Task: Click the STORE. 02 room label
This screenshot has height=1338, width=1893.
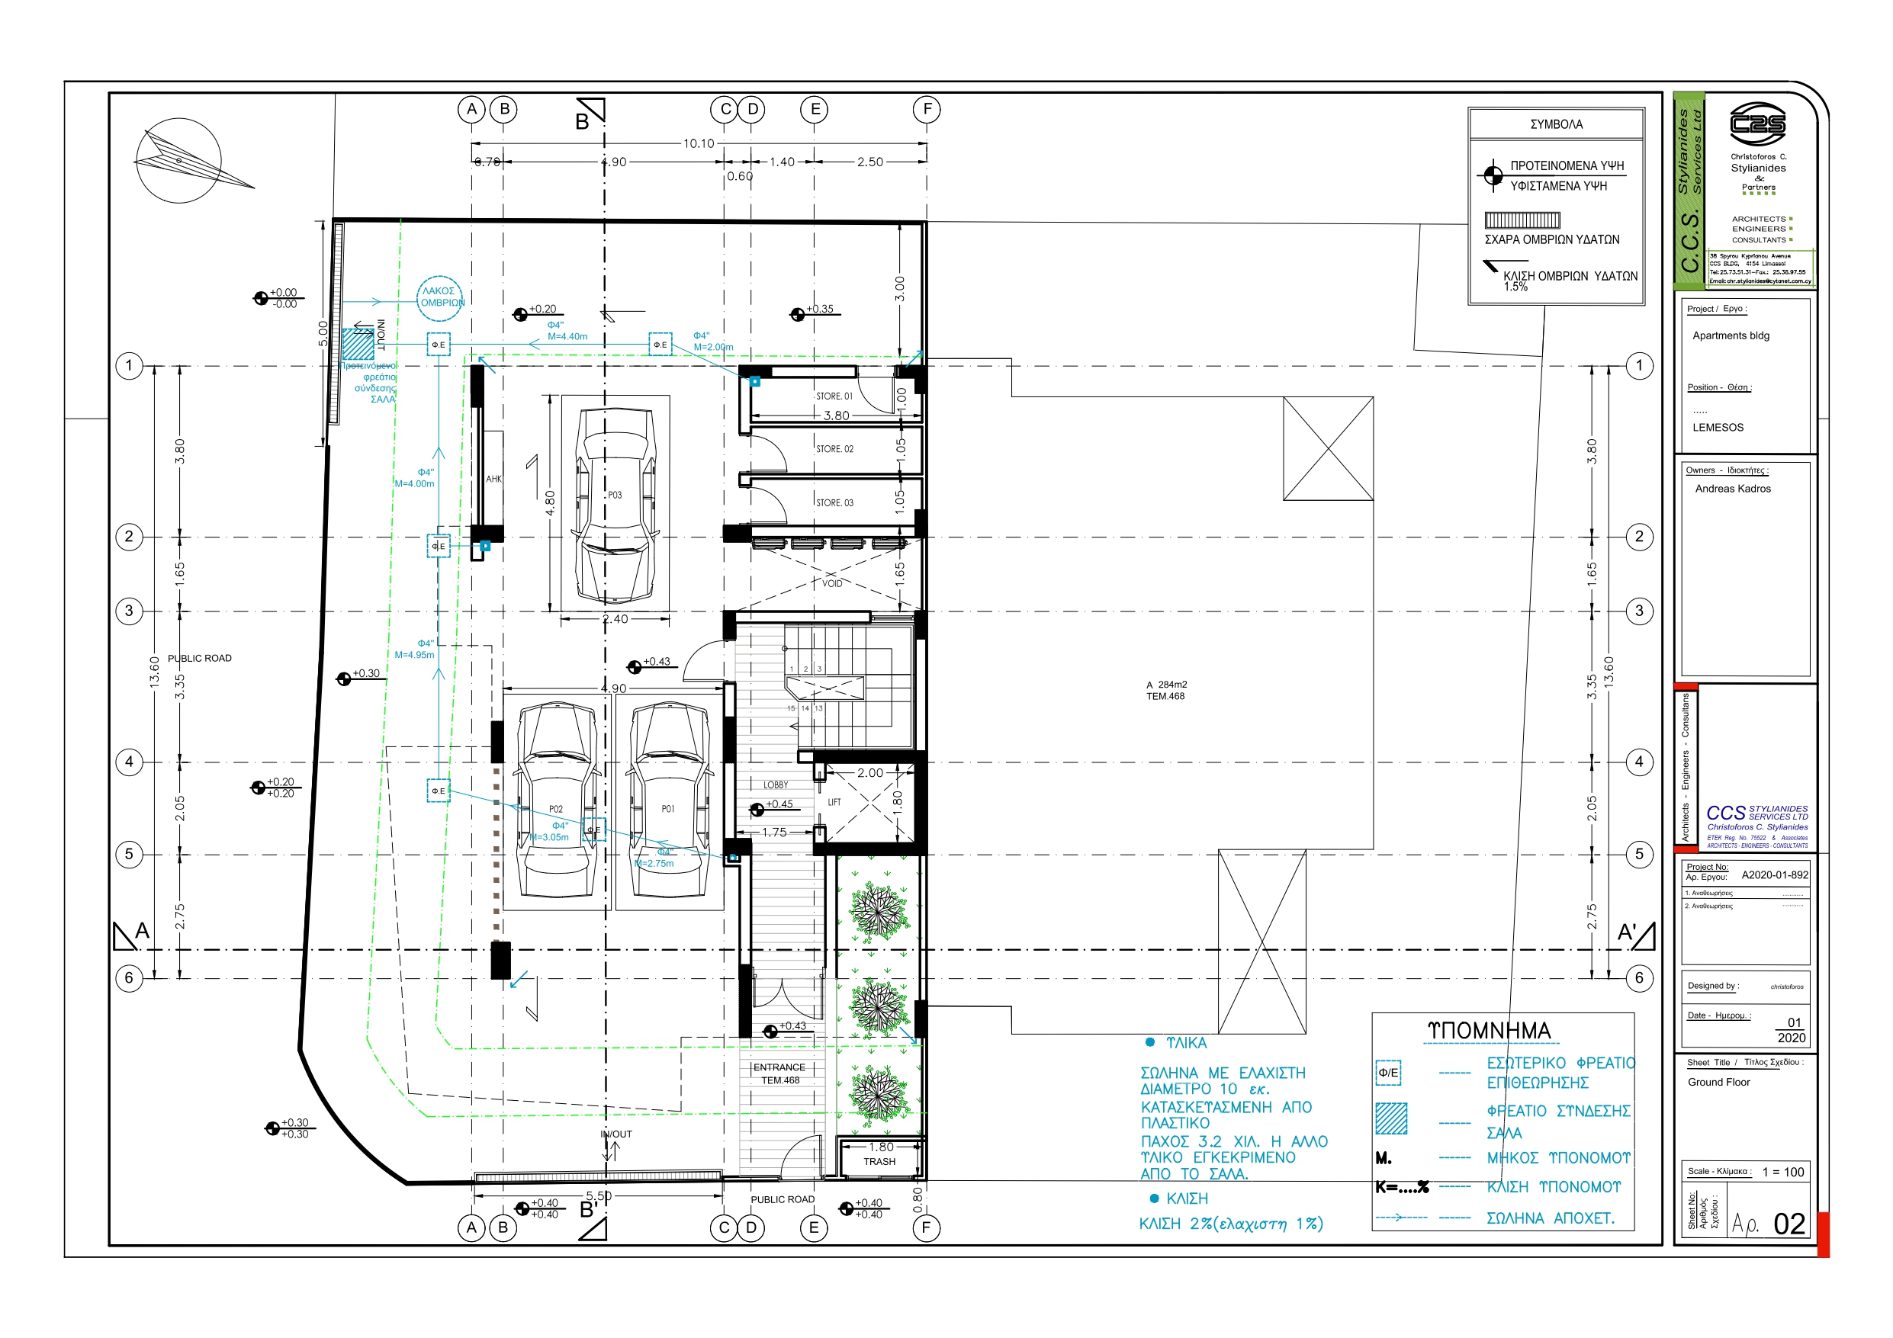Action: tap(834, 449)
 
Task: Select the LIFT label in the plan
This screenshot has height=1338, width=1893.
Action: tap(834, 802)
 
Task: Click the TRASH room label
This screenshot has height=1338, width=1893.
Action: tap(879, 1162)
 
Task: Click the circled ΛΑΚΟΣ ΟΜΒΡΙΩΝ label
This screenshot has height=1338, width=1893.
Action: tap(441, 297)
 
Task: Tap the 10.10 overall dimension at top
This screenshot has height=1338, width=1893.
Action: tap(699, 143)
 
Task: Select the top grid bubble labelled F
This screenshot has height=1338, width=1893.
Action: tap(927, 109)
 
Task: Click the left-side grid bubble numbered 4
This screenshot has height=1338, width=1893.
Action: tap(129, 762)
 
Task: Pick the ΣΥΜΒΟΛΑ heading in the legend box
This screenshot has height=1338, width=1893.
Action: tap(1556, 124)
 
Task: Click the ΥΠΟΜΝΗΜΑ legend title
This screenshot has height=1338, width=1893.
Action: tap(1489, 1031)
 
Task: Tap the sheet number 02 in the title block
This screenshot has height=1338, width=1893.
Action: tap(1789, 1224)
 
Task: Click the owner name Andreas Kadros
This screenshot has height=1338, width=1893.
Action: tap(1732, 489)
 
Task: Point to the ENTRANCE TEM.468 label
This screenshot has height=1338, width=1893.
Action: tap(779, 1073)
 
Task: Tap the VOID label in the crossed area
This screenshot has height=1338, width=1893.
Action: tap(832, 584)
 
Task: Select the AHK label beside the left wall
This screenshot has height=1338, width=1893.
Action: tap(493, 479)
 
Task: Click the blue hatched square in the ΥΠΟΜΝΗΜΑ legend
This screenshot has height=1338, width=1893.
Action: tap(1391, 1118)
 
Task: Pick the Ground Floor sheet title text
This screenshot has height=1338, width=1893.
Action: tap(1718, 1083)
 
